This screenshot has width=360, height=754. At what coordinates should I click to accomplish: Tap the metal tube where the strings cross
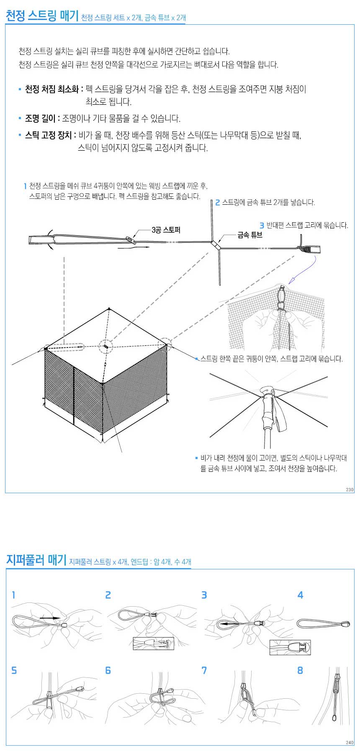click(x=216, y=244)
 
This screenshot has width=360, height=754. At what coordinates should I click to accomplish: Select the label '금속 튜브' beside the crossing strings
click(x=250, y=235)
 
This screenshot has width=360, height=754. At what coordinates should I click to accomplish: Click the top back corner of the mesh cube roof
click(x=109, y=309)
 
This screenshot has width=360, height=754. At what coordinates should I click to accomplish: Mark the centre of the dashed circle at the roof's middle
click(x=106, y=347)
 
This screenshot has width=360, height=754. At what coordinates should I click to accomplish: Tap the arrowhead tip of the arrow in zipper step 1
click(x=61, y=618)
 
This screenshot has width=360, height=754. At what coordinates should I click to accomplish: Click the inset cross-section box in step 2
click(x=153, y=643)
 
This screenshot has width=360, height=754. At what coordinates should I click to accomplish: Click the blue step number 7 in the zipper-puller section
click(x=204, y=670)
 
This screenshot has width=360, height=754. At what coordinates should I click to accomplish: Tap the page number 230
click(x=350, y=489)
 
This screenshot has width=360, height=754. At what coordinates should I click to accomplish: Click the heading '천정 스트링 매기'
click(x=42, y=16)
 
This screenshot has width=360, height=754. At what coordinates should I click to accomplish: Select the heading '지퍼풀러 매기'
click(x=36, y=560)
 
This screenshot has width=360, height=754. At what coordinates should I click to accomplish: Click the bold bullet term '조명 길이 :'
click(x=42, y=118)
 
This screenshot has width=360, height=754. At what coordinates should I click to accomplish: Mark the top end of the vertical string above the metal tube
click(x=212, y=201)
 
